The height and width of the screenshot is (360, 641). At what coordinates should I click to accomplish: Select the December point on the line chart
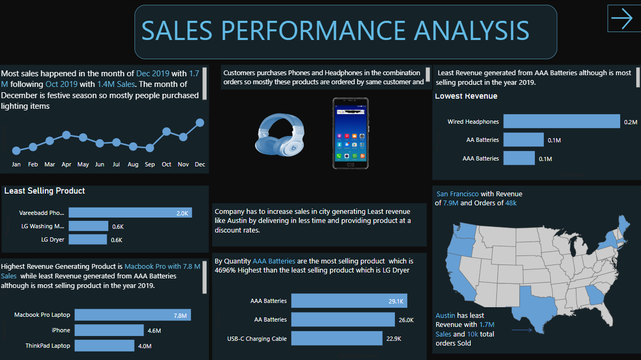tap(200, 123)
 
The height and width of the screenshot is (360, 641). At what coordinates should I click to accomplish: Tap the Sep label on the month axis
tap(150, 164)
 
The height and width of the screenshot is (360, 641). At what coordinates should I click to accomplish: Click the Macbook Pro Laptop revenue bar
tap(130, 315)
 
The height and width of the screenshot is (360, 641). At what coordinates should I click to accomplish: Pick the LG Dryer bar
tap(88, 240)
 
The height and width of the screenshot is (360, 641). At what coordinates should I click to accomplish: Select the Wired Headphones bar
tap(561, 122)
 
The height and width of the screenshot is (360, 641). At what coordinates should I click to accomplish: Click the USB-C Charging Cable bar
tap(337, 339)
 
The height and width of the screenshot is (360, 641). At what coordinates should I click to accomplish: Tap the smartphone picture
tap(350, 133)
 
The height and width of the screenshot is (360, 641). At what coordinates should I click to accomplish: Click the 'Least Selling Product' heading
tap(44, 191)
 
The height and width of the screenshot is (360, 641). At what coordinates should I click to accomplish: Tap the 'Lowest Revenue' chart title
tap(466, 97)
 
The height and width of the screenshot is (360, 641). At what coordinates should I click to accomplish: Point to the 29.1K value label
tap(396, 301)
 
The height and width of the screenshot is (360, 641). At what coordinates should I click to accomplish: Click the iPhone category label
tap(61, 331)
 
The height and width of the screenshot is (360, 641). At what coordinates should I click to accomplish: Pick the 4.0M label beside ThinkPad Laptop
tap(145, 346)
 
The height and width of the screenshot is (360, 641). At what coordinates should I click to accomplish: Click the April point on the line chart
tap(66, 135)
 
